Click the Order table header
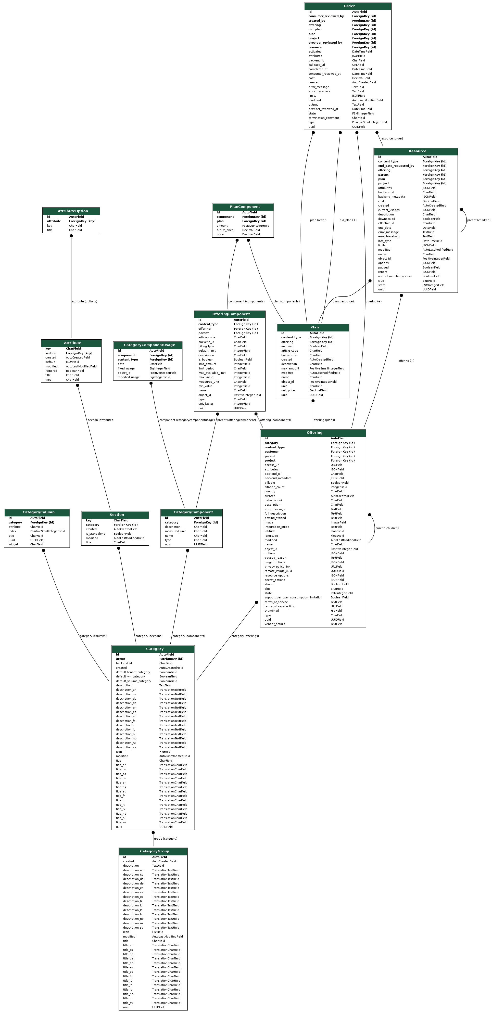pos(348,6)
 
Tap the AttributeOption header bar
pos(71,211)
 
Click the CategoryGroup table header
pos(153,851)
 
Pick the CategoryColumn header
pos(37,512)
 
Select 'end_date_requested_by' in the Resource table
pos(396,166)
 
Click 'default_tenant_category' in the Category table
pos(133,672)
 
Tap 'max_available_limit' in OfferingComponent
pos(212,373)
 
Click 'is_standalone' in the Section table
pos(96,534)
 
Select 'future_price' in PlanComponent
pos(225,230)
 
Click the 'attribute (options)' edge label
pos(85,302)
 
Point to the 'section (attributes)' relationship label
pos(101,420)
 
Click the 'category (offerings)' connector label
pos(245,636)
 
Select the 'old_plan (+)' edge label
pos(348,220)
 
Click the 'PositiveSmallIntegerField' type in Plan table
pos(327,368)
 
